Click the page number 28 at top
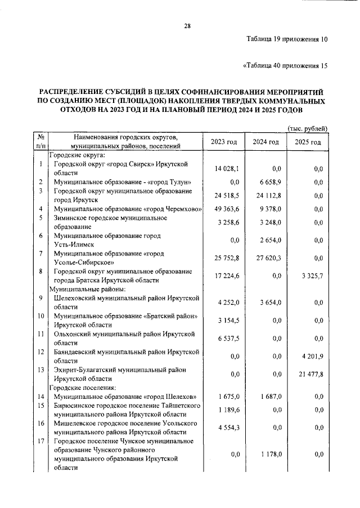click(187, 25)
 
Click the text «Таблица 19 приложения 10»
click(287, 40)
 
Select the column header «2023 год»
click(224, 142)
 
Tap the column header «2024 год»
click(266, 142)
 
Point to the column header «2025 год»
click(308, 142)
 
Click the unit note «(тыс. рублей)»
click(308, 129)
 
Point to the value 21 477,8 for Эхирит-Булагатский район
click(308, 375)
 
